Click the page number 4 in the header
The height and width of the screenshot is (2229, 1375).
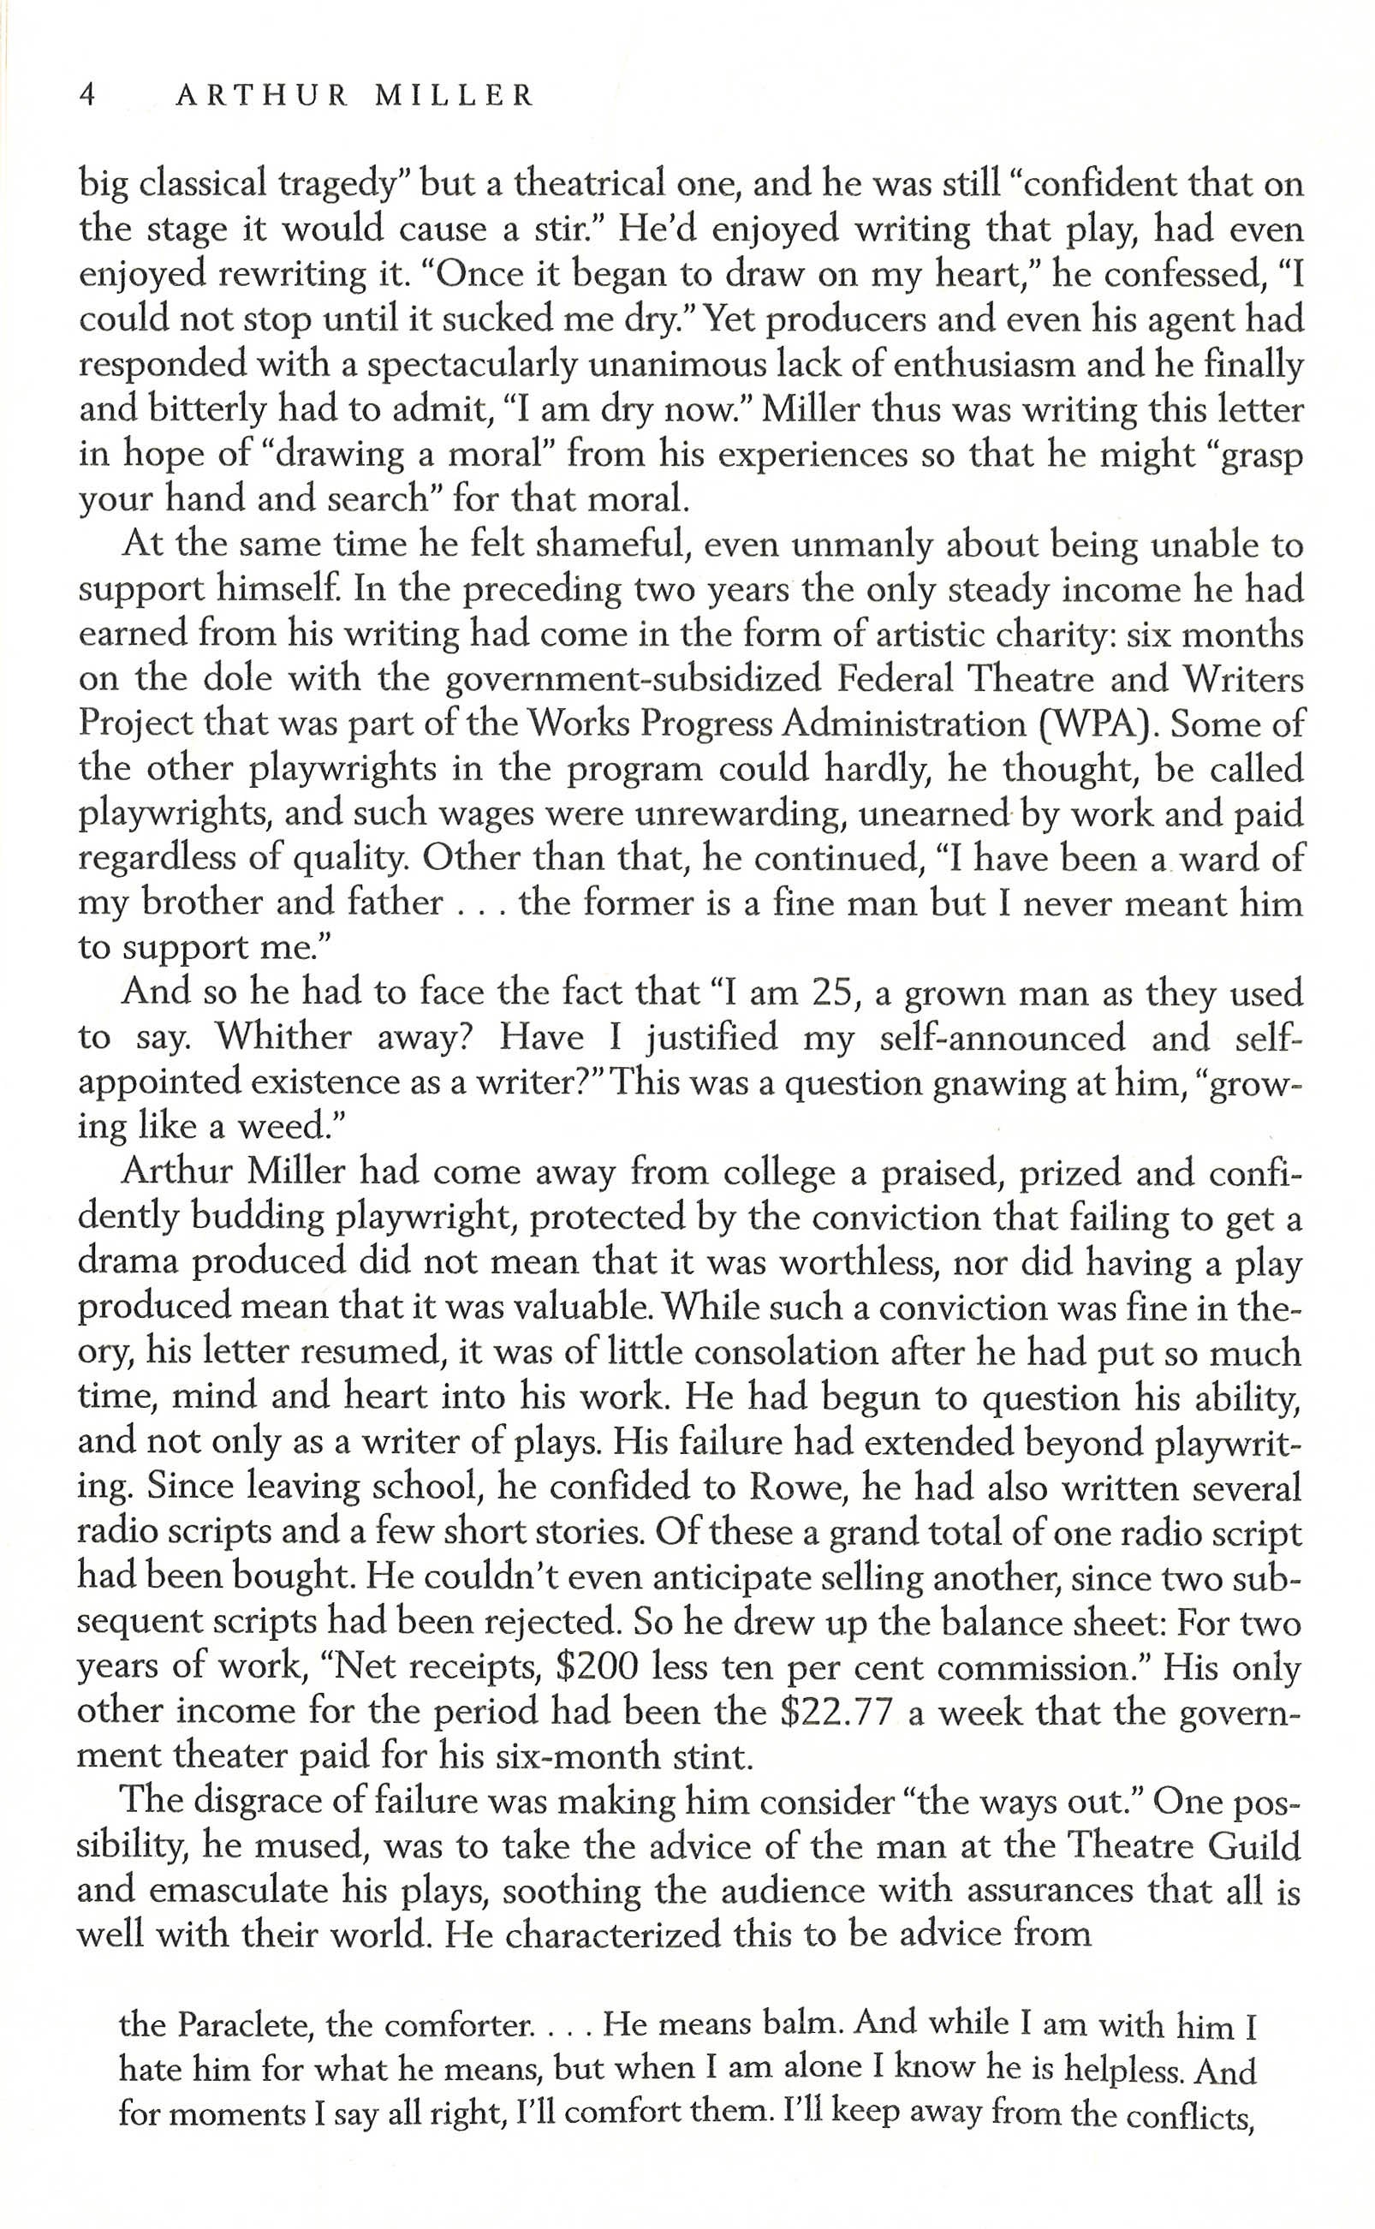click(x=88, y=93)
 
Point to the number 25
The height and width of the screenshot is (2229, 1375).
click(x=835, y=992)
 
